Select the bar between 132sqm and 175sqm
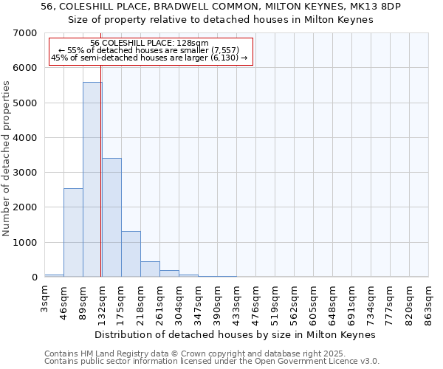pos(111,218)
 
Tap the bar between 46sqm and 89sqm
pos(73,232)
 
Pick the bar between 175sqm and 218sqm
pos(131,255)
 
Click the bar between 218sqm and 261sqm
pos(150,269)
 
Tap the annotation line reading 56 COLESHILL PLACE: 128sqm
pos(150,43)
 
